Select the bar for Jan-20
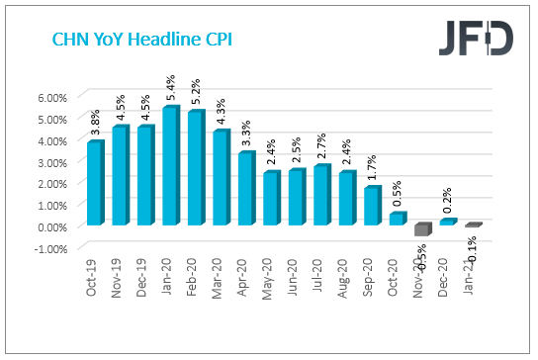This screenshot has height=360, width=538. pyautogui.click(x=169, y=166)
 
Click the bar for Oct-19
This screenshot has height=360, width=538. pyautogui.click(x=94, y=183)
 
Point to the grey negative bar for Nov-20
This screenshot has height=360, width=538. pyautogui.click(x=422, y=229)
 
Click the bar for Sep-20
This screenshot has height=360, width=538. pyautogui.click(x=371, y=206)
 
